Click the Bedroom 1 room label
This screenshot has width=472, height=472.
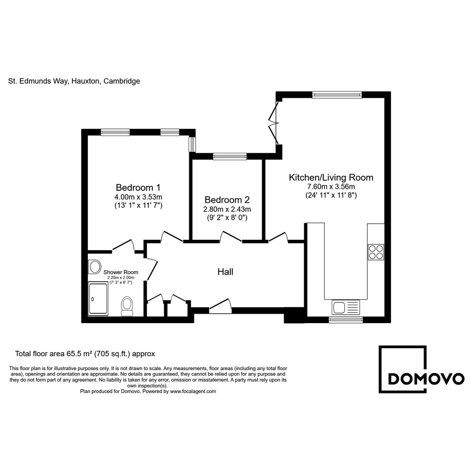138,187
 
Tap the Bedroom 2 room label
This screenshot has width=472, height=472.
227,200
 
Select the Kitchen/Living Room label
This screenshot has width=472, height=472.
331,177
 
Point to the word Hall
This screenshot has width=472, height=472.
225,272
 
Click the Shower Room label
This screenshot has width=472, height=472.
121,272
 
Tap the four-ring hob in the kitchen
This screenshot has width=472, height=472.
376,252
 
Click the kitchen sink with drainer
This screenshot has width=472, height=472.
346,307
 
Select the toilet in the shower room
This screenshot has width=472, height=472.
127,306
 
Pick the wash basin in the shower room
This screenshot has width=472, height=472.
94,267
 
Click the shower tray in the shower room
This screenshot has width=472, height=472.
98,299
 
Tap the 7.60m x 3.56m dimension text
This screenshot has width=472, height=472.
331,187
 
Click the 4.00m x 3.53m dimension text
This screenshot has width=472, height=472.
138,197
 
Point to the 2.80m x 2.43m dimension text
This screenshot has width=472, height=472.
227,209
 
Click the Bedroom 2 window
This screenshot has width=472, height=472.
230,156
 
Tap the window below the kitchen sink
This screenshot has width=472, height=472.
346,320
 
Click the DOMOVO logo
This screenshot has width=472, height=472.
421,369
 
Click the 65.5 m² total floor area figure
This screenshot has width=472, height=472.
79,354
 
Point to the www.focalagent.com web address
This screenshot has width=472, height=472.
193,392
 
